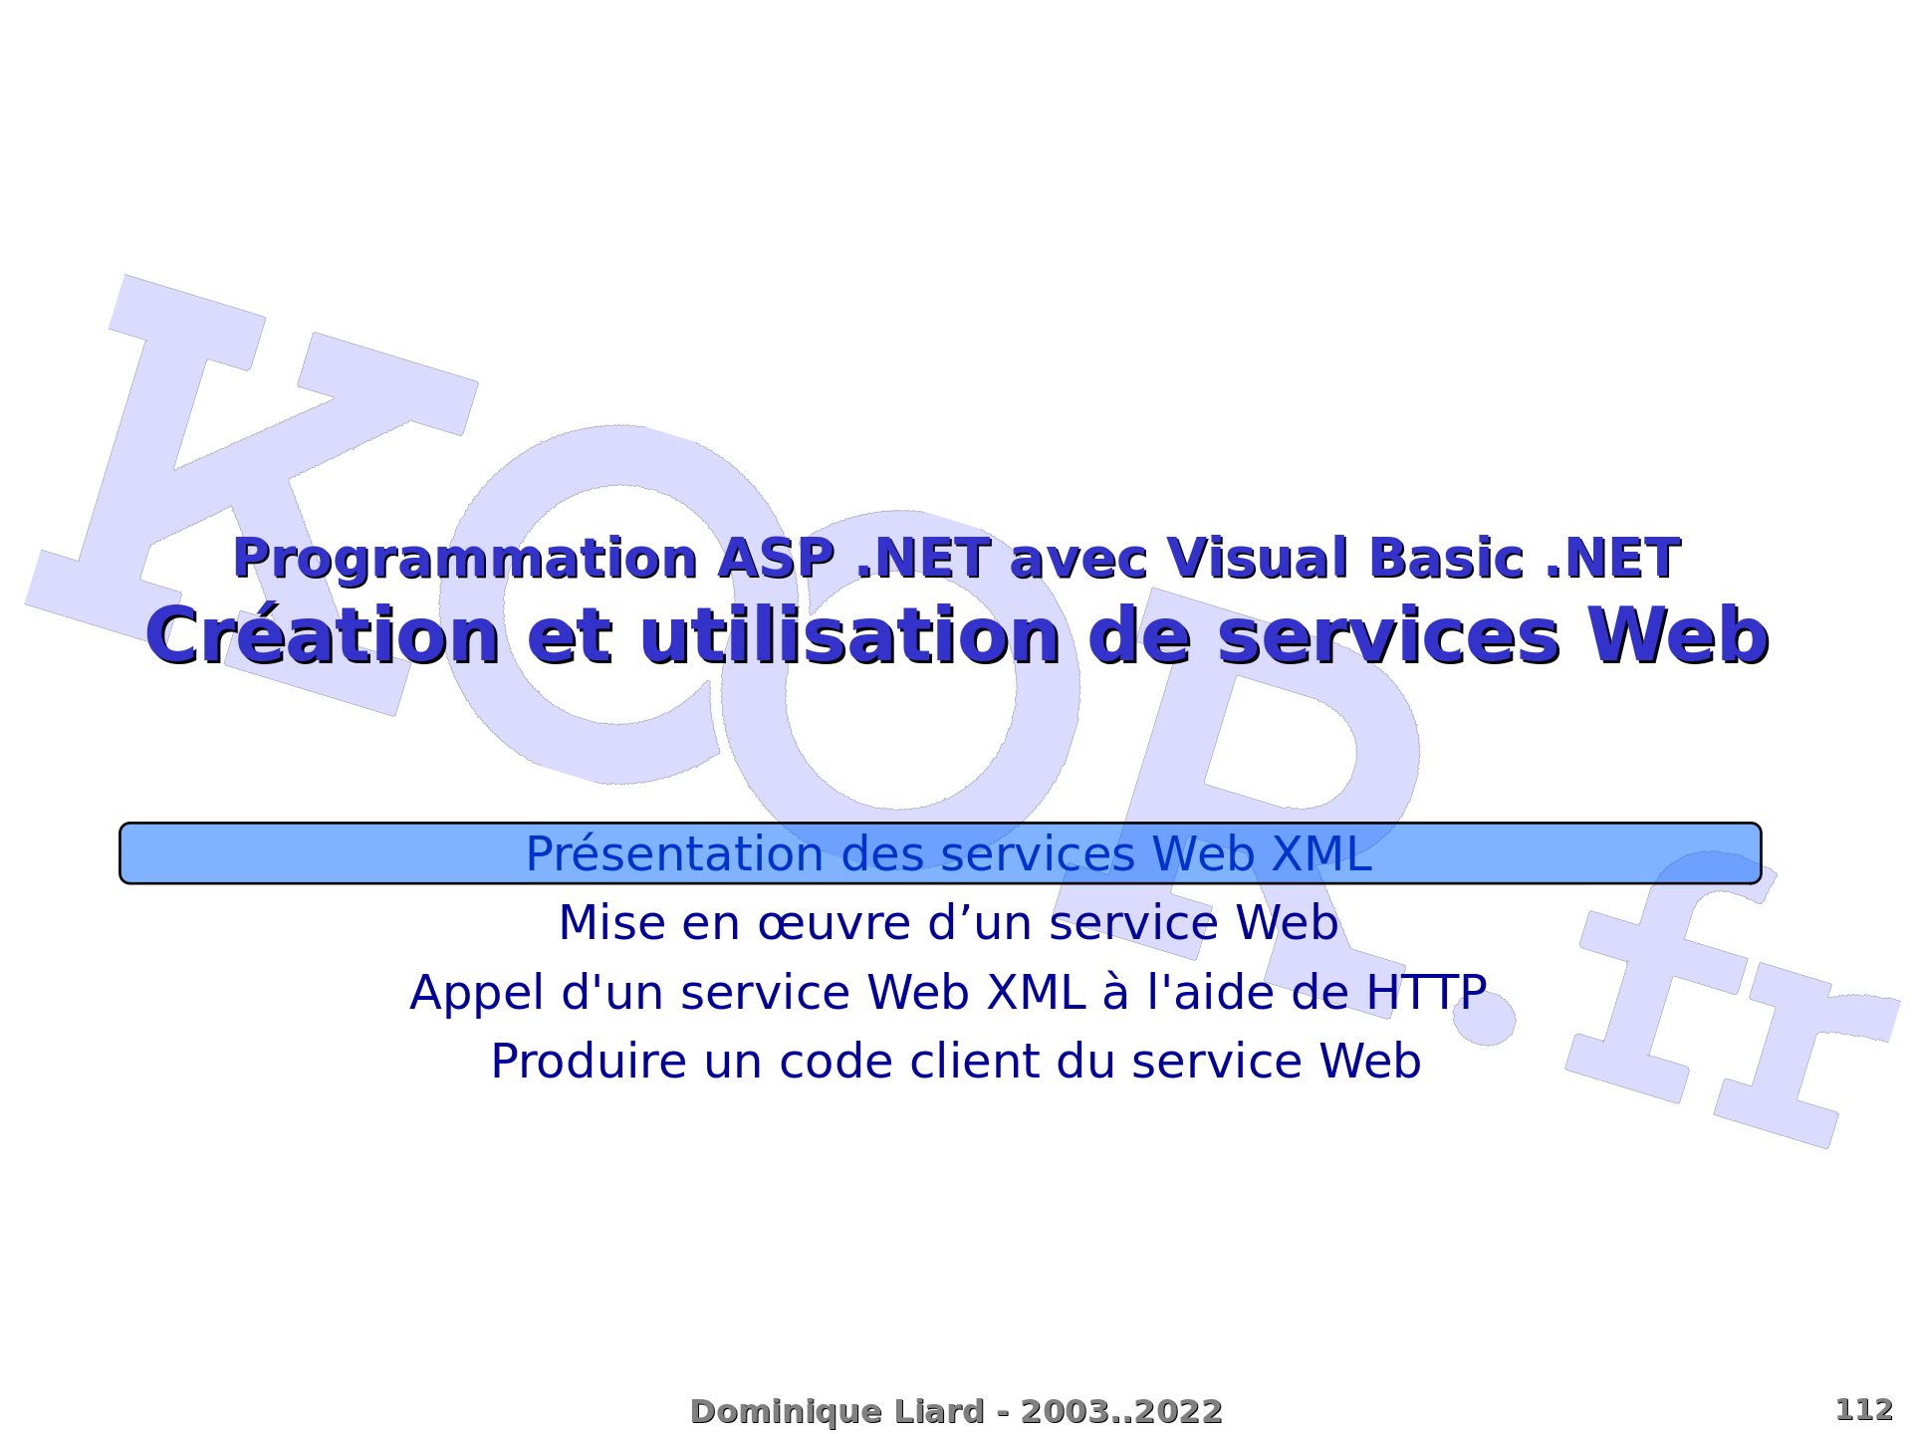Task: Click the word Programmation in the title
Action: [x=465, y=560]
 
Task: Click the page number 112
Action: [x=1863, y=1410]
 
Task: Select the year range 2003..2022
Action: [x=1121, y=1412]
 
